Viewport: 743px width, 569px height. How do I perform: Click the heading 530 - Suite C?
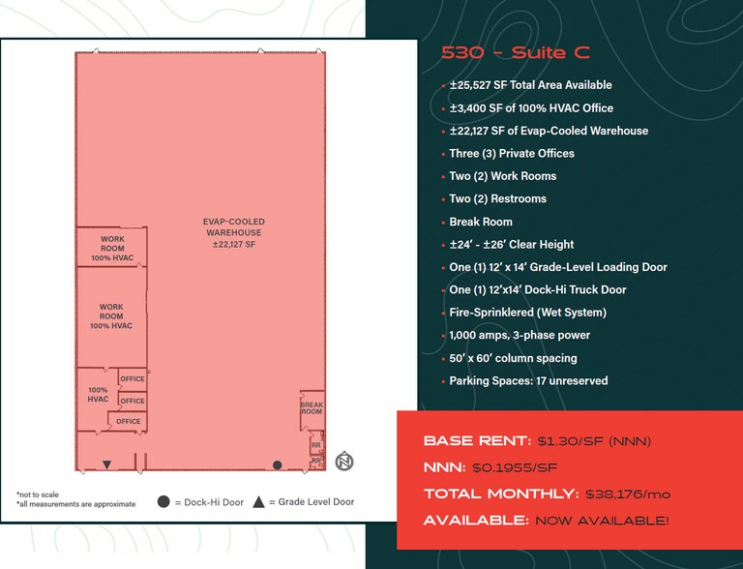(515, 54)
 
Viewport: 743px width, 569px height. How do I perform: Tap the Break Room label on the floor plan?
(311, 408)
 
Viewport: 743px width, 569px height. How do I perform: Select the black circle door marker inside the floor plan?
(277, 465)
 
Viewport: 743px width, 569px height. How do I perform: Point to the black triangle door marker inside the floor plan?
(107, 465)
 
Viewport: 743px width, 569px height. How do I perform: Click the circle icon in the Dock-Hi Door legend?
(163, 502)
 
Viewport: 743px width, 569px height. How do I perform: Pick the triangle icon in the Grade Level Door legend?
(258, 502)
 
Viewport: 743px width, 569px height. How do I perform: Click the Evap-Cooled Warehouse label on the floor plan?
(233, 233)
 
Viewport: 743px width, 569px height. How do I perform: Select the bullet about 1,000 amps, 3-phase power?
(520, 335)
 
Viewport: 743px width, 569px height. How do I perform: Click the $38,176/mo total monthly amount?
(628, 494)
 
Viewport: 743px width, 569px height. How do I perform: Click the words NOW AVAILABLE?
(602, 521)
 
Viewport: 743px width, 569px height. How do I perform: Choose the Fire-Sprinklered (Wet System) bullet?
(527, 313)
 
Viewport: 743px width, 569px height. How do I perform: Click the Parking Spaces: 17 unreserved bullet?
(528, 380)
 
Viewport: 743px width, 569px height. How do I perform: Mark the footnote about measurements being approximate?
(68, 504)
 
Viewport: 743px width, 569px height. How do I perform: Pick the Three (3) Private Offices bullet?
(512, 153)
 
